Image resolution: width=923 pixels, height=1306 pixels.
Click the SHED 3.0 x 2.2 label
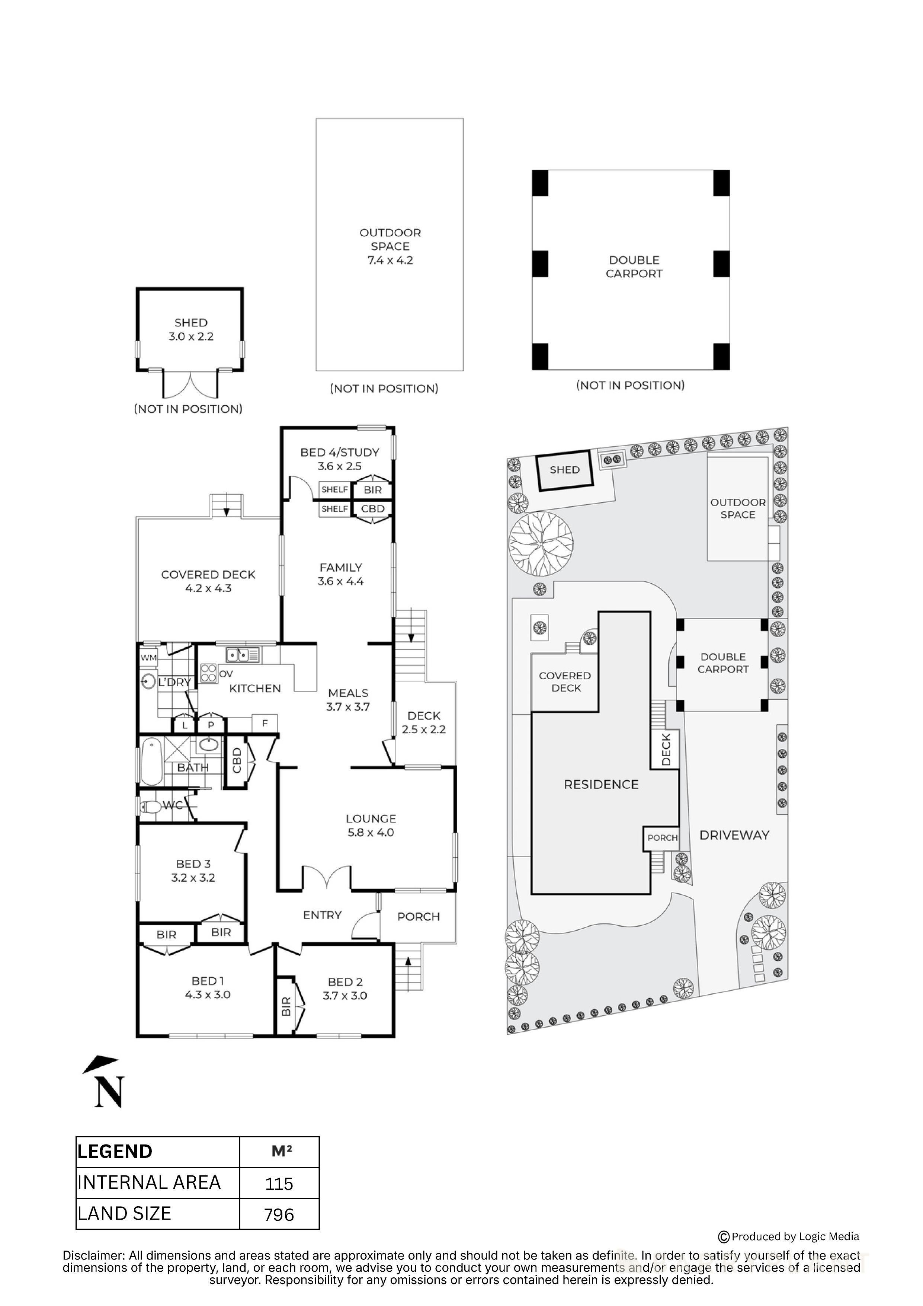[191, 330]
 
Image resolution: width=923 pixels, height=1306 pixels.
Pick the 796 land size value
[279, 1215]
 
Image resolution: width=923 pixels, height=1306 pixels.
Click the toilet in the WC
[151, 807]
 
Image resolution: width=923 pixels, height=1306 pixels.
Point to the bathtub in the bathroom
[151, 761]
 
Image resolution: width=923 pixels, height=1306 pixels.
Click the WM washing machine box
[148, 658]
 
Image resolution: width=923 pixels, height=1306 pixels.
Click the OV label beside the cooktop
[226, 674]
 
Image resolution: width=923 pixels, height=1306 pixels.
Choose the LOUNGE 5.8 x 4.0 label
[371, 826]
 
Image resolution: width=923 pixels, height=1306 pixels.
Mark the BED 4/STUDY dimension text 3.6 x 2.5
[340, 466]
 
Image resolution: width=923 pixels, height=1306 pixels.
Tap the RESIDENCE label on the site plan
[601, 785]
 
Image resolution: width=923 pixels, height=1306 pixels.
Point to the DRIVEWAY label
[734, 835]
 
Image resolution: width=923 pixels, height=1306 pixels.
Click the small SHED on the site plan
[565, 470]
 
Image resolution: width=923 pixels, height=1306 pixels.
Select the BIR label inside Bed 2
[286, 1007]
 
